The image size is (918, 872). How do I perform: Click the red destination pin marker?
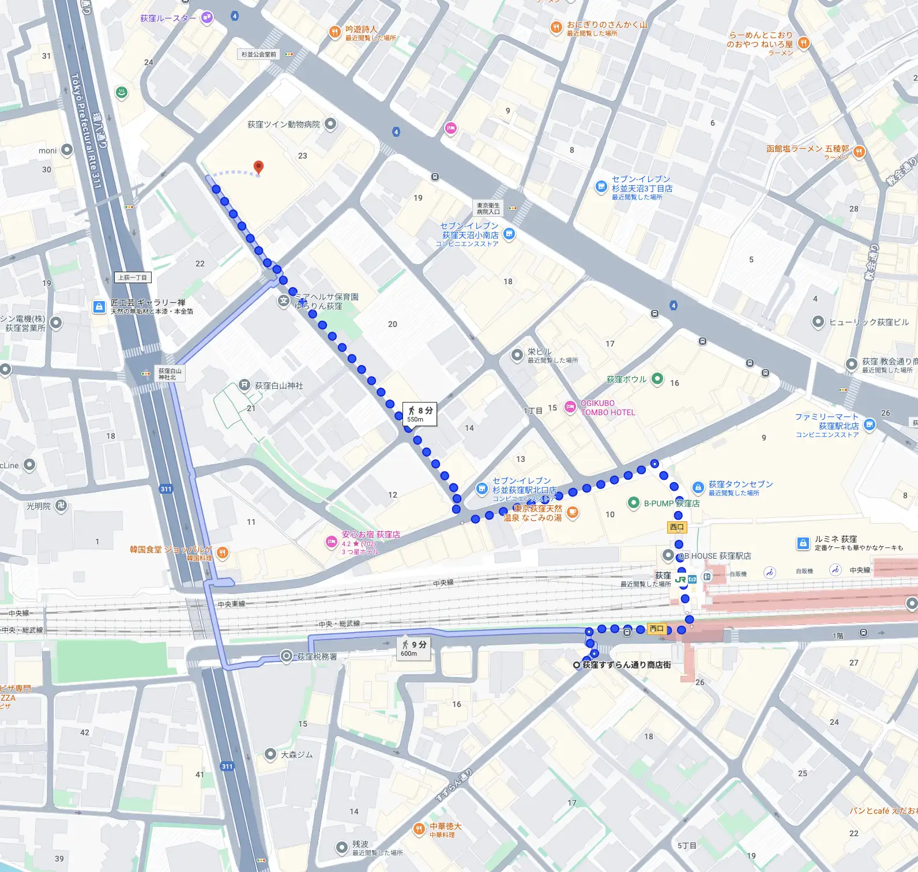click(x=259, y=167)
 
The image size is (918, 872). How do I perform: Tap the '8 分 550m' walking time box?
click(x=420, y=414)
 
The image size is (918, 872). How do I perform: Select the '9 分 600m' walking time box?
click(x=415, y=648)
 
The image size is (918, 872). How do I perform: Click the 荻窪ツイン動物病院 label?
click(x=283, y=124)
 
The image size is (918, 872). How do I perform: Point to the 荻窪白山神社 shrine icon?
click(x=244, y=385)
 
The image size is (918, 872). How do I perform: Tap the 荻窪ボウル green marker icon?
click(x=657, y=379)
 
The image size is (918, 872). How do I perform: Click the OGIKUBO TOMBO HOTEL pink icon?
click(x=570, y=407)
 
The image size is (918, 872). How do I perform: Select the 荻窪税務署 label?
click(x=317, y=656)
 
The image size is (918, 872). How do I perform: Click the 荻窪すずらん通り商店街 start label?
click(x=626, y=665)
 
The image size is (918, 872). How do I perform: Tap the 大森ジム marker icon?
click(x=270, y=754)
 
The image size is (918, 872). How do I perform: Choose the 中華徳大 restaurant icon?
click(x=419, y=829)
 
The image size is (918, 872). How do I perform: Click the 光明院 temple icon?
click(x=61, y=506)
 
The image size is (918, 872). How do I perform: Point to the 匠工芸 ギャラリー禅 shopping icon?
click(x=99, y=306)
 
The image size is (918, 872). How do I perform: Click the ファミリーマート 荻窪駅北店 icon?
click(x=870, y=425)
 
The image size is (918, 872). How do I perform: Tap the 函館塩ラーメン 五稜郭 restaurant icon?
click(x=859, y=152)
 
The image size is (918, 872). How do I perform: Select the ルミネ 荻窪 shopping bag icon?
click(x=803, y=543)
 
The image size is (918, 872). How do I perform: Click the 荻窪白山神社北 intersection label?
click(x=170, y=374)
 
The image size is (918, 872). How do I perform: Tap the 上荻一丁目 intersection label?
click(x=133, y=277)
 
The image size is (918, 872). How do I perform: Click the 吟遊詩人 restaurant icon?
click(x=334, y=32)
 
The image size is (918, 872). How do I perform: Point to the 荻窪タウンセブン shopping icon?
click(x=698, y=487)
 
